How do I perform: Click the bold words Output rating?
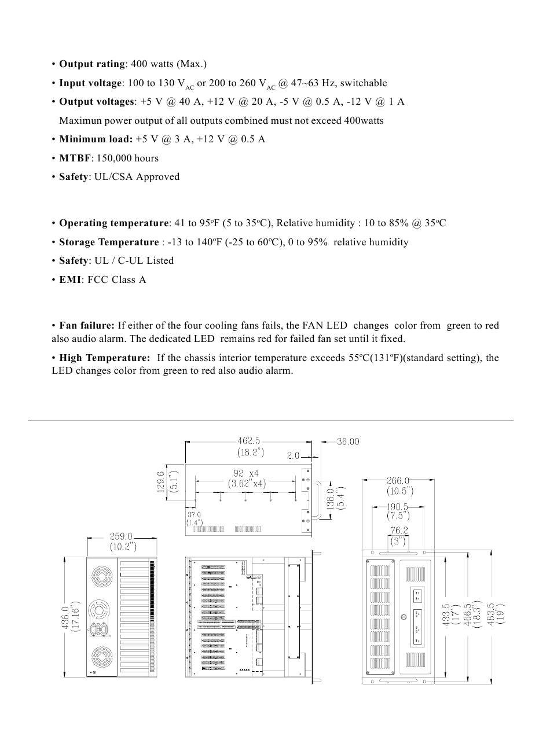pos(92,64)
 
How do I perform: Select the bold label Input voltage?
pos(90,83)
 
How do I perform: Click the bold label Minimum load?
pos(96,139)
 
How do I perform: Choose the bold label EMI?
pos(70,280)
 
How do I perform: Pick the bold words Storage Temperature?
pos(108,242)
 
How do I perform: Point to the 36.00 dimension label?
pos(348,441)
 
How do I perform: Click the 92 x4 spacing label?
pos(246,473)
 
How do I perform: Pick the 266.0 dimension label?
pos(398,480)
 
